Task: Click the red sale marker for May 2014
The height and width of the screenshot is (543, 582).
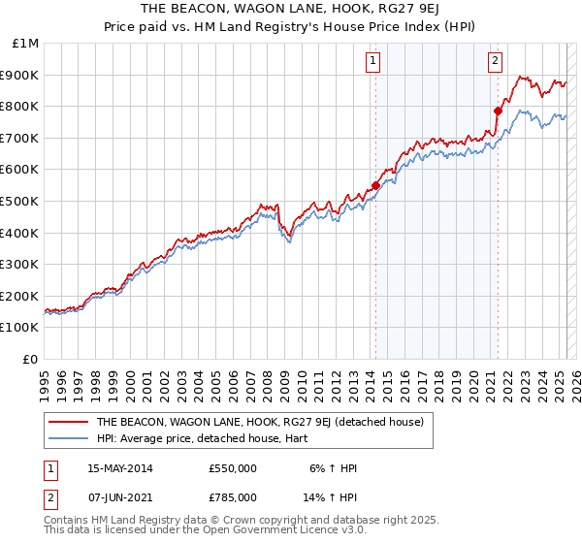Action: pyautogui.click(x=375, y=185)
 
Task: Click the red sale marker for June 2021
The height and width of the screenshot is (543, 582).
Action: pyautogui.click(x=498, y=111)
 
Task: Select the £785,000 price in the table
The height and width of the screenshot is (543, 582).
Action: pyautogui.click(x=233, y=497)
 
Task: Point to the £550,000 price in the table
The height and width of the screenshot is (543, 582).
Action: pyautogui.click(x=233, y=468)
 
